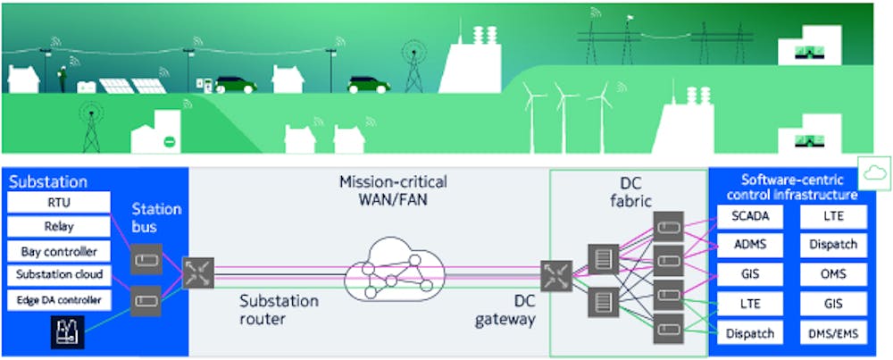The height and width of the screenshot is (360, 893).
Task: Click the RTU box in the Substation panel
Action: click(59, 203)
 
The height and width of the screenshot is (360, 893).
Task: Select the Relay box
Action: click(59, 227)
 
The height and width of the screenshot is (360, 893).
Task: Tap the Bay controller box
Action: click(59, 251)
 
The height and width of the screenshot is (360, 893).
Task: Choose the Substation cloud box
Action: click(59, 275)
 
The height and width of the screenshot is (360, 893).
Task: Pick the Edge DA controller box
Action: click(59, 299)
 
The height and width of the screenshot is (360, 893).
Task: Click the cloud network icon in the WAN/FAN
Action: click(395, 269)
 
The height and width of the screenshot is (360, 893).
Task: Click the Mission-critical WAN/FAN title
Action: click(393, 191)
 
